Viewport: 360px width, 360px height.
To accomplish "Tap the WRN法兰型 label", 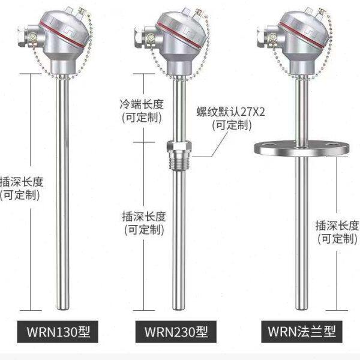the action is click(301, 331).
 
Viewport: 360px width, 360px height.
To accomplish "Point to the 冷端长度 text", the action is click(142, 104).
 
